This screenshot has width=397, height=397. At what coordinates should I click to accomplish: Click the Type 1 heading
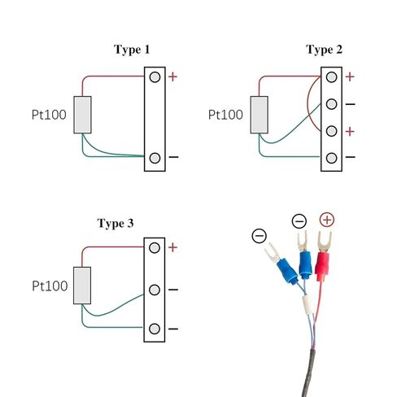pyautogui.click(x=131, y=50)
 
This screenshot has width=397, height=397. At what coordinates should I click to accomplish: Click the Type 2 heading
pyautogui.click(x=324, y=50)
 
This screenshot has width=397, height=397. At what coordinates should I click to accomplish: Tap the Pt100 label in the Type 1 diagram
pyautogui.click(x=50, y=115)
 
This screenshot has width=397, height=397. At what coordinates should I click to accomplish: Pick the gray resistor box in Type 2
pyautogui.click(x=260, y=115)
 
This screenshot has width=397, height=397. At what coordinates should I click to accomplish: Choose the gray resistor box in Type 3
pyautogui.click(x=82, y=286)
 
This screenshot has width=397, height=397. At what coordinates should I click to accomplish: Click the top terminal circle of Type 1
pyautogui.click(x=155, y=78)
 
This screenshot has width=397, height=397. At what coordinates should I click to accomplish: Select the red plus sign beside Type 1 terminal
pyautogui.click(x=173, y=77)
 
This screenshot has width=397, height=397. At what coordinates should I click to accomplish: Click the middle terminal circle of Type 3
pyautogui.click(x=155, y=289)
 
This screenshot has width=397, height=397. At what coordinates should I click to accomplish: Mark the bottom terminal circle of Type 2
pyautogui.click(x=331, y=157)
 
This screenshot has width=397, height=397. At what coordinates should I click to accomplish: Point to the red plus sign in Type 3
pyautogui.click(x=173, y=247)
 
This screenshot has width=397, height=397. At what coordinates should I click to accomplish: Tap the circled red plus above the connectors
pyautogui.click(x=327, y=220)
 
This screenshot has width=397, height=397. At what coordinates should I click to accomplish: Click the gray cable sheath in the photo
pyautogui.click(x=312, y=370)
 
